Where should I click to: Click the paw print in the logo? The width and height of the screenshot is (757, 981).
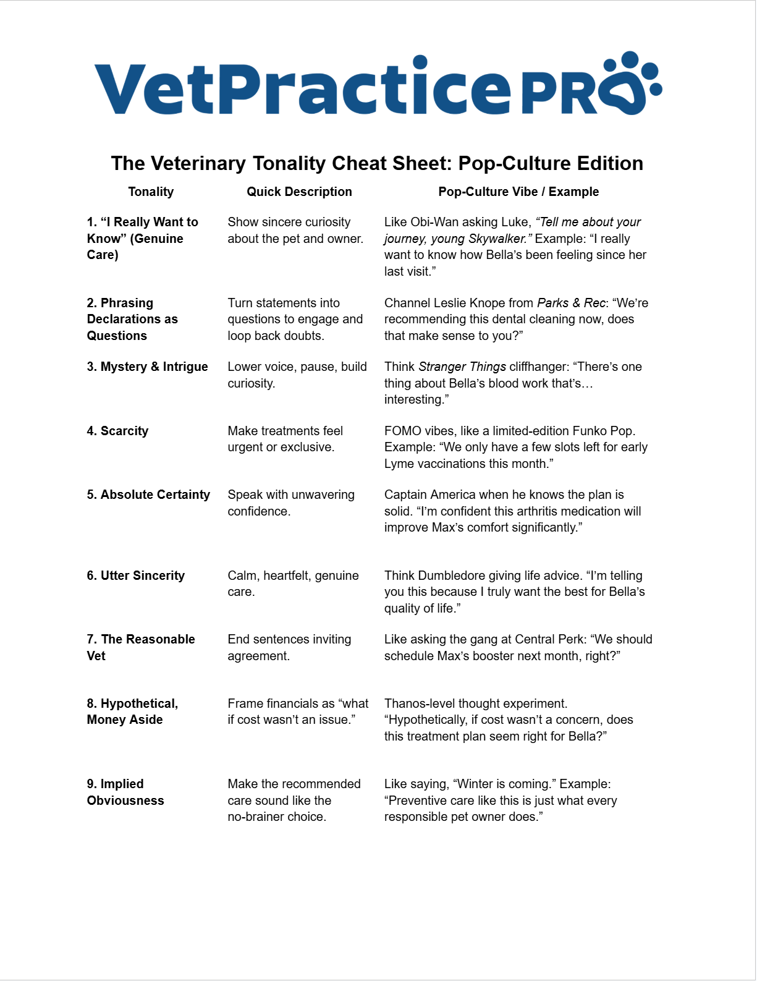coord(630,83)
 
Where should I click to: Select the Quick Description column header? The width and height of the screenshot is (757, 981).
coord(299,192)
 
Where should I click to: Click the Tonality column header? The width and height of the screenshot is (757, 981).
coord(151,192)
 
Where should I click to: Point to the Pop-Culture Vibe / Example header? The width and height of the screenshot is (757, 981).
coord(518,192)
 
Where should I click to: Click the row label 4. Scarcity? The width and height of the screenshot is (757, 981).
coord(117,431)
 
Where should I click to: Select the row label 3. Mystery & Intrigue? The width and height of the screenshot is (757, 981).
coord(147,367)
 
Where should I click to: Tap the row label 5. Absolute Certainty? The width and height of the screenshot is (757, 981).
coord(148,495)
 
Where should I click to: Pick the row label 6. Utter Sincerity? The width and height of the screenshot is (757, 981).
coord(135,575)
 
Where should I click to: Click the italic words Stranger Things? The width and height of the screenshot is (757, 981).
coord(462,367)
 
